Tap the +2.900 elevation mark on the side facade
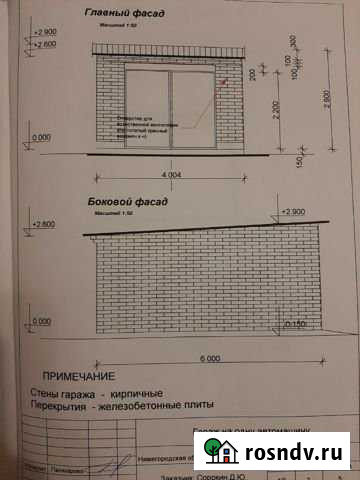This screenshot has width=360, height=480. pyautogui.click(x=293, y=211)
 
